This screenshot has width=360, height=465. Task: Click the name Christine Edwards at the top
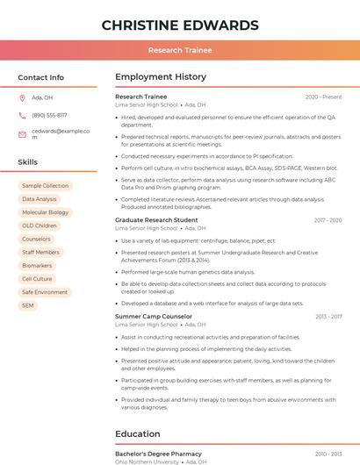coord(180,25)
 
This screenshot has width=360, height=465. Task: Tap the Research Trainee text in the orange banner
coord(180,50)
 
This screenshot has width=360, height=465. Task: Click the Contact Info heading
coord(41,77)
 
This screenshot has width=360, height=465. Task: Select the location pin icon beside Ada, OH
coord(22,97)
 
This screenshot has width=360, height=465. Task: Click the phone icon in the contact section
coord(22,115)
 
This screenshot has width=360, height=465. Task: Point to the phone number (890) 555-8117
coord(49,115)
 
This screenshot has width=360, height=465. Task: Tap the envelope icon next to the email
coord(22,133)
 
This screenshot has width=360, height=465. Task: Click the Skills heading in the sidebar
coord(28,162)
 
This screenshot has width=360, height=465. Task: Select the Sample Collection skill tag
coord(45,186)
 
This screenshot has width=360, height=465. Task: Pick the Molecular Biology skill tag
coord(45,212)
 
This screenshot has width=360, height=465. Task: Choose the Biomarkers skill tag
coord(37,266)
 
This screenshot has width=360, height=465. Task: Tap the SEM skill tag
coord(28,305)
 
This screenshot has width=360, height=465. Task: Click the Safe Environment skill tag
coord(45,292)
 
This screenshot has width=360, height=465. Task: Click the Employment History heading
coord(161,77)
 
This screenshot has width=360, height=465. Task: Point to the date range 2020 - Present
coord(323,97)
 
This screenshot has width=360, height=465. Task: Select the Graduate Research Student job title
coord(156,220)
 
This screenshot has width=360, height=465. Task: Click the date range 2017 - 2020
coord(328,220)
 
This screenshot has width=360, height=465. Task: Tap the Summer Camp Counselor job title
coord(154,317)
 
